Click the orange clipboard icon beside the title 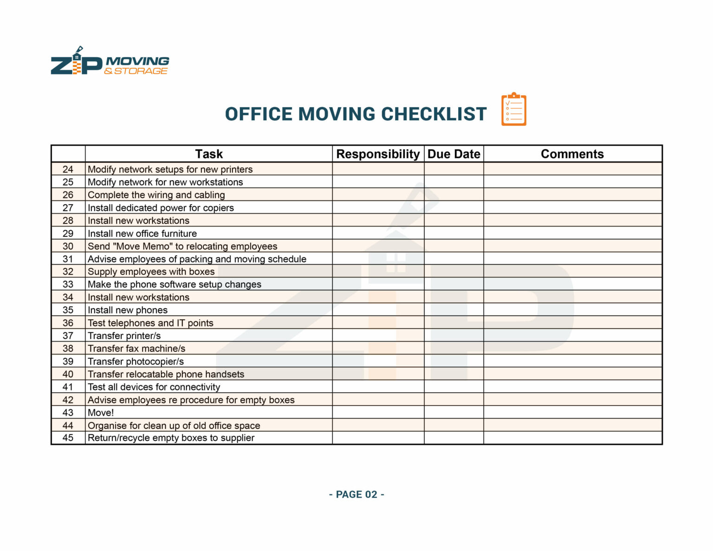(x=513, y=110)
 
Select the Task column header (x=209, y=154)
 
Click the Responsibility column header (x=378, y=154)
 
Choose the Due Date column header (x=454, y=154)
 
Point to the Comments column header (x=572, y=154)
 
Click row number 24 (x=68, y=169)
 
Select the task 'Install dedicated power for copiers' (x=161, y=208)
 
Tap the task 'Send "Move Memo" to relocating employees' (x=182, y=246)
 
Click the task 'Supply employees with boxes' (x=151, y=272)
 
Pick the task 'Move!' (x=101, y=413)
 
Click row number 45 (x=68, y=438)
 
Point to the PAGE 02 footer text (x=356, y=494)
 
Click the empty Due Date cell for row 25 (x=454, y=182)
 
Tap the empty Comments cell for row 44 (x=572, y=425)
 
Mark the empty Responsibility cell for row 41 (x=378, y=387)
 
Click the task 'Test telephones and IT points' (x=150, y=323)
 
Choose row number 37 (x=68, y=336)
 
